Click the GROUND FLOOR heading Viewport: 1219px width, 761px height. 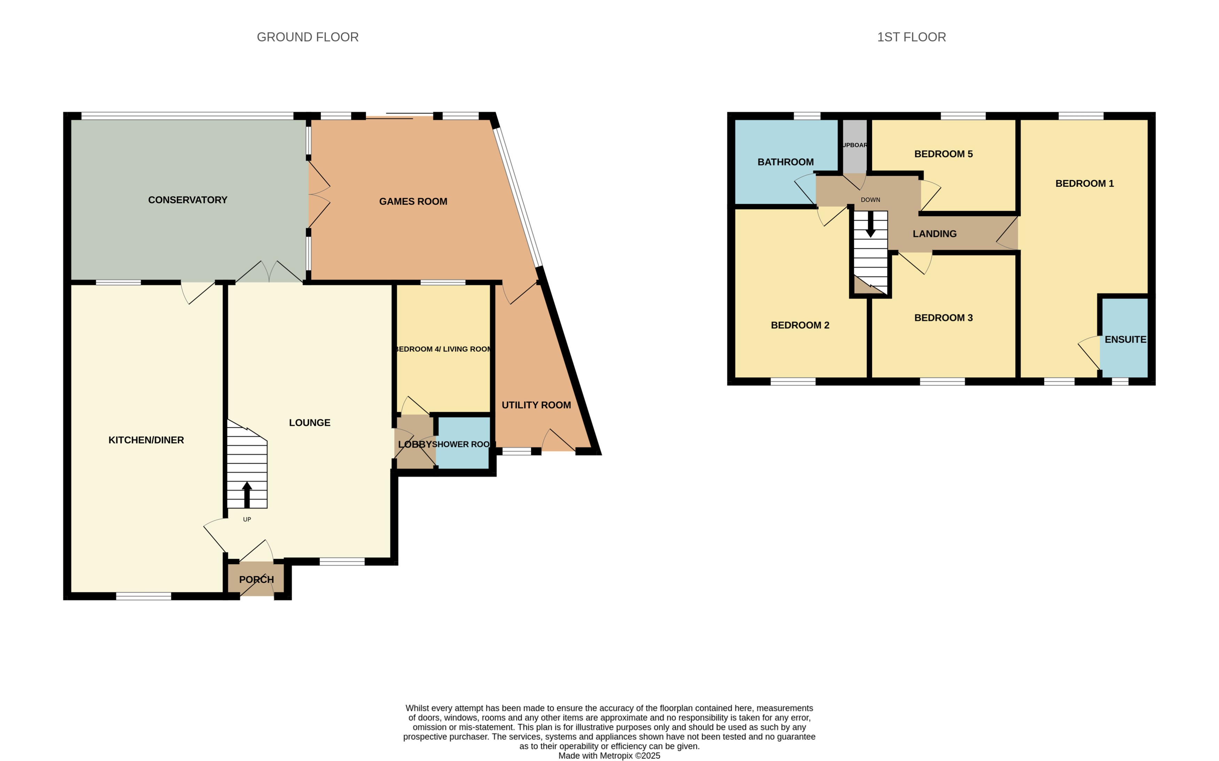pos(308,37)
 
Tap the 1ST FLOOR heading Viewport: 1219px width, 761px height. pos(911,37)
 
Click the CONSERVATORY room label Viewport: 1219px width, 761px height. pos(187,200)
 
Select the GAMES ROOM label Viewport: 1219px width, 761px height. pos(413,201)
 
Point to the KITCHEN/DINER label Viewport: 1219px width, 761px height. pos(146,440)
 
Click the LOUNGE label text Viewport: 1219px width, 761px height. pos(310,423)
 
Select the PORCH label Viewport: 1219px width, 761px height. pos(256,579)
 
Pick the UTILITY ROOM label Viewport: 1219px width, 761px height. pos(536,405)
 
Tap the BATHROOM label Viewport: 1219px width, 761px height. pos(785,162)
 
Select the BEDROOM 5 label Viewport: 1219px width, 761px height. pos(943,154)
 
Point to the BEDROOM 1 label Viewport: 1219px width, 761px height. pos(1084,184)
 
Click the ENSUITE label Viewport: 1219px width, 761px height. pos(1125,340)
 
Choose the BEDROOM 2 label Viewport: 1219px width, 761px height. pos(800,325)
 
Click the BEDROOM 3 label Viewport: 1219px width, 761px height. pos(943,318)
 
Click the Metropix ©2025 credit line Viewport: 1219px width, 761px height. pos(609,755)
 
